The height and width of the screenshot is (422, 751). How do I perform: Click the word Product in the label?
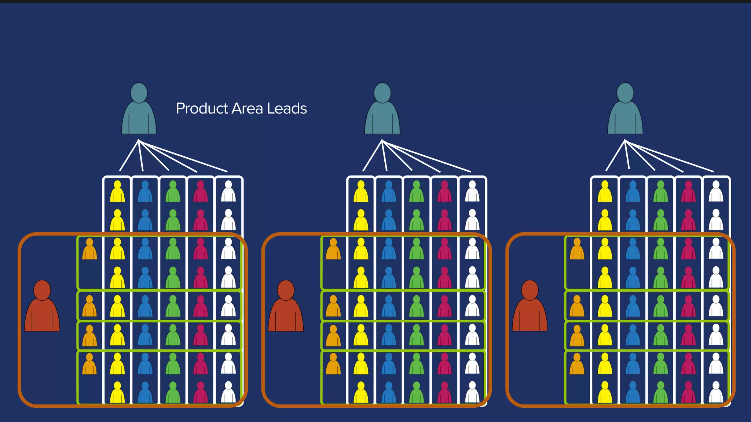(202, 109)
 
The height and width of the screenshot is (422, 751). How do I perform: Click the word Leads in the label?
(287, 108)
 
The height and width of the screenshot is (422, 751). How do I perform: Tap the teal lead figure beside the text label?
(139, 110)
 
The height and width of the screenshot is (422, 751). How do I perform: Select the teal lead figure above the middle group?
(382, 110)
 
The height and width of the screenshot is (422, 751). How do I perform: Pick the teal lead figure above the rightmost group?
(625, 110)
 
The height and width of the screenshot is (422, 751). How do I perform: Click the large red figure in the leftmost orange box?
(42, 308)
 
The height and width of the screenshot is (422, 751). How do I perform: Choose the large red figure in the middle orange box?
(286, 308)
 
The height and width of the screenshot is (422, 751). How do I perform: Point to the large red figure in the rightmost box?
(530, 308)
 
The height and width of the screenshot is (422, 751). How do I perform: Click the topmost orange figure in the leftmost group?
(89, 249)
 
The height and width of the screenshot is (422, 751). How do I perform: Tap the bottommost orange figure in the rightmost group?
(577, 364)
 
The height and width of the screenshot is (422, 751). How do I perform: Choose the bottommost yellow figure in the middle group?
(361, 393)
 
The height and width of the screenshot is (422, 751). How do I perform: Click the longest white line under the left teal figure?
(183, 156)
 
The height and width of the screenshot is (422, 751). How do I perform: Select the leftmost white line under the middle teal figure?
(372, 156)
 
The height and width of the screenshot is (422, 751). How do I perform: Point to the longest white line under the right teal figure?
(670, 156)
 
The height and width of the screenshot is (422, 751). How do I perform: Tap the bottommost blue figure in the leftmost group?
(145, 393)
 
